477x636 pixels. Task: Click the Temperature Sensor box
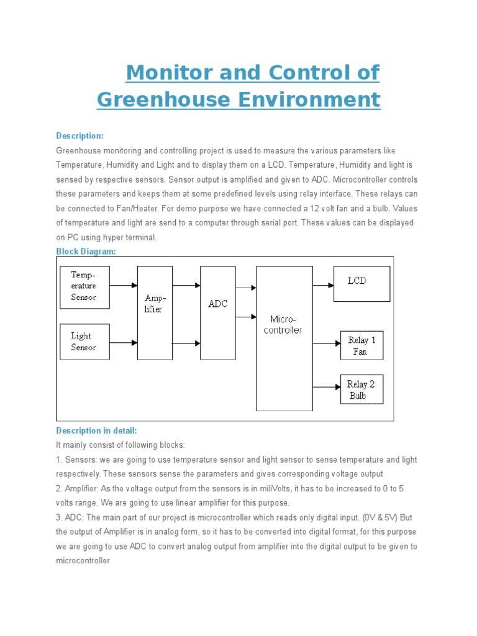(x=84, y=287)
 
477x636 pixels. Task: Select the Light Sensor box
(x=84, y=342)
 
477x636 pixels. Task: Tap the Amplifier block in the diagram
(x=155, y=312)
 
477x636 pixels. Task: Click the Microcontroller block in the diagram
(x=284, y=338)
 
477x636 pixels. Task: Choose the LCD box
(x=361, y=283)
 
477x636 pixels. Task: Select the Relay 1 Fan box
(x=361, y=345)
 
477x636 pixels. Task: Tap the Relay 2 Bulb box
(x=361, y=389)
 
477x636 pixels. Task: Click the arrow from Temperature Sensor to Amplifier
(x=124, y=286)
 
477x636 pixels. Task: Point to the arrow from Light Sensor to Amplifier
(x=124, y=342)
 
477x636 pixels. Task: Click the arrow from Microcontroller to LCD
(x=323, y=285)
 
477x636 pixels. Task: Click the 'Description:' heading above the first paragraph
(x=80, y=136)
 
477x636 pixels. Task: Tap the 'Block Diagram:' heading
(x=86, y=251)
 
